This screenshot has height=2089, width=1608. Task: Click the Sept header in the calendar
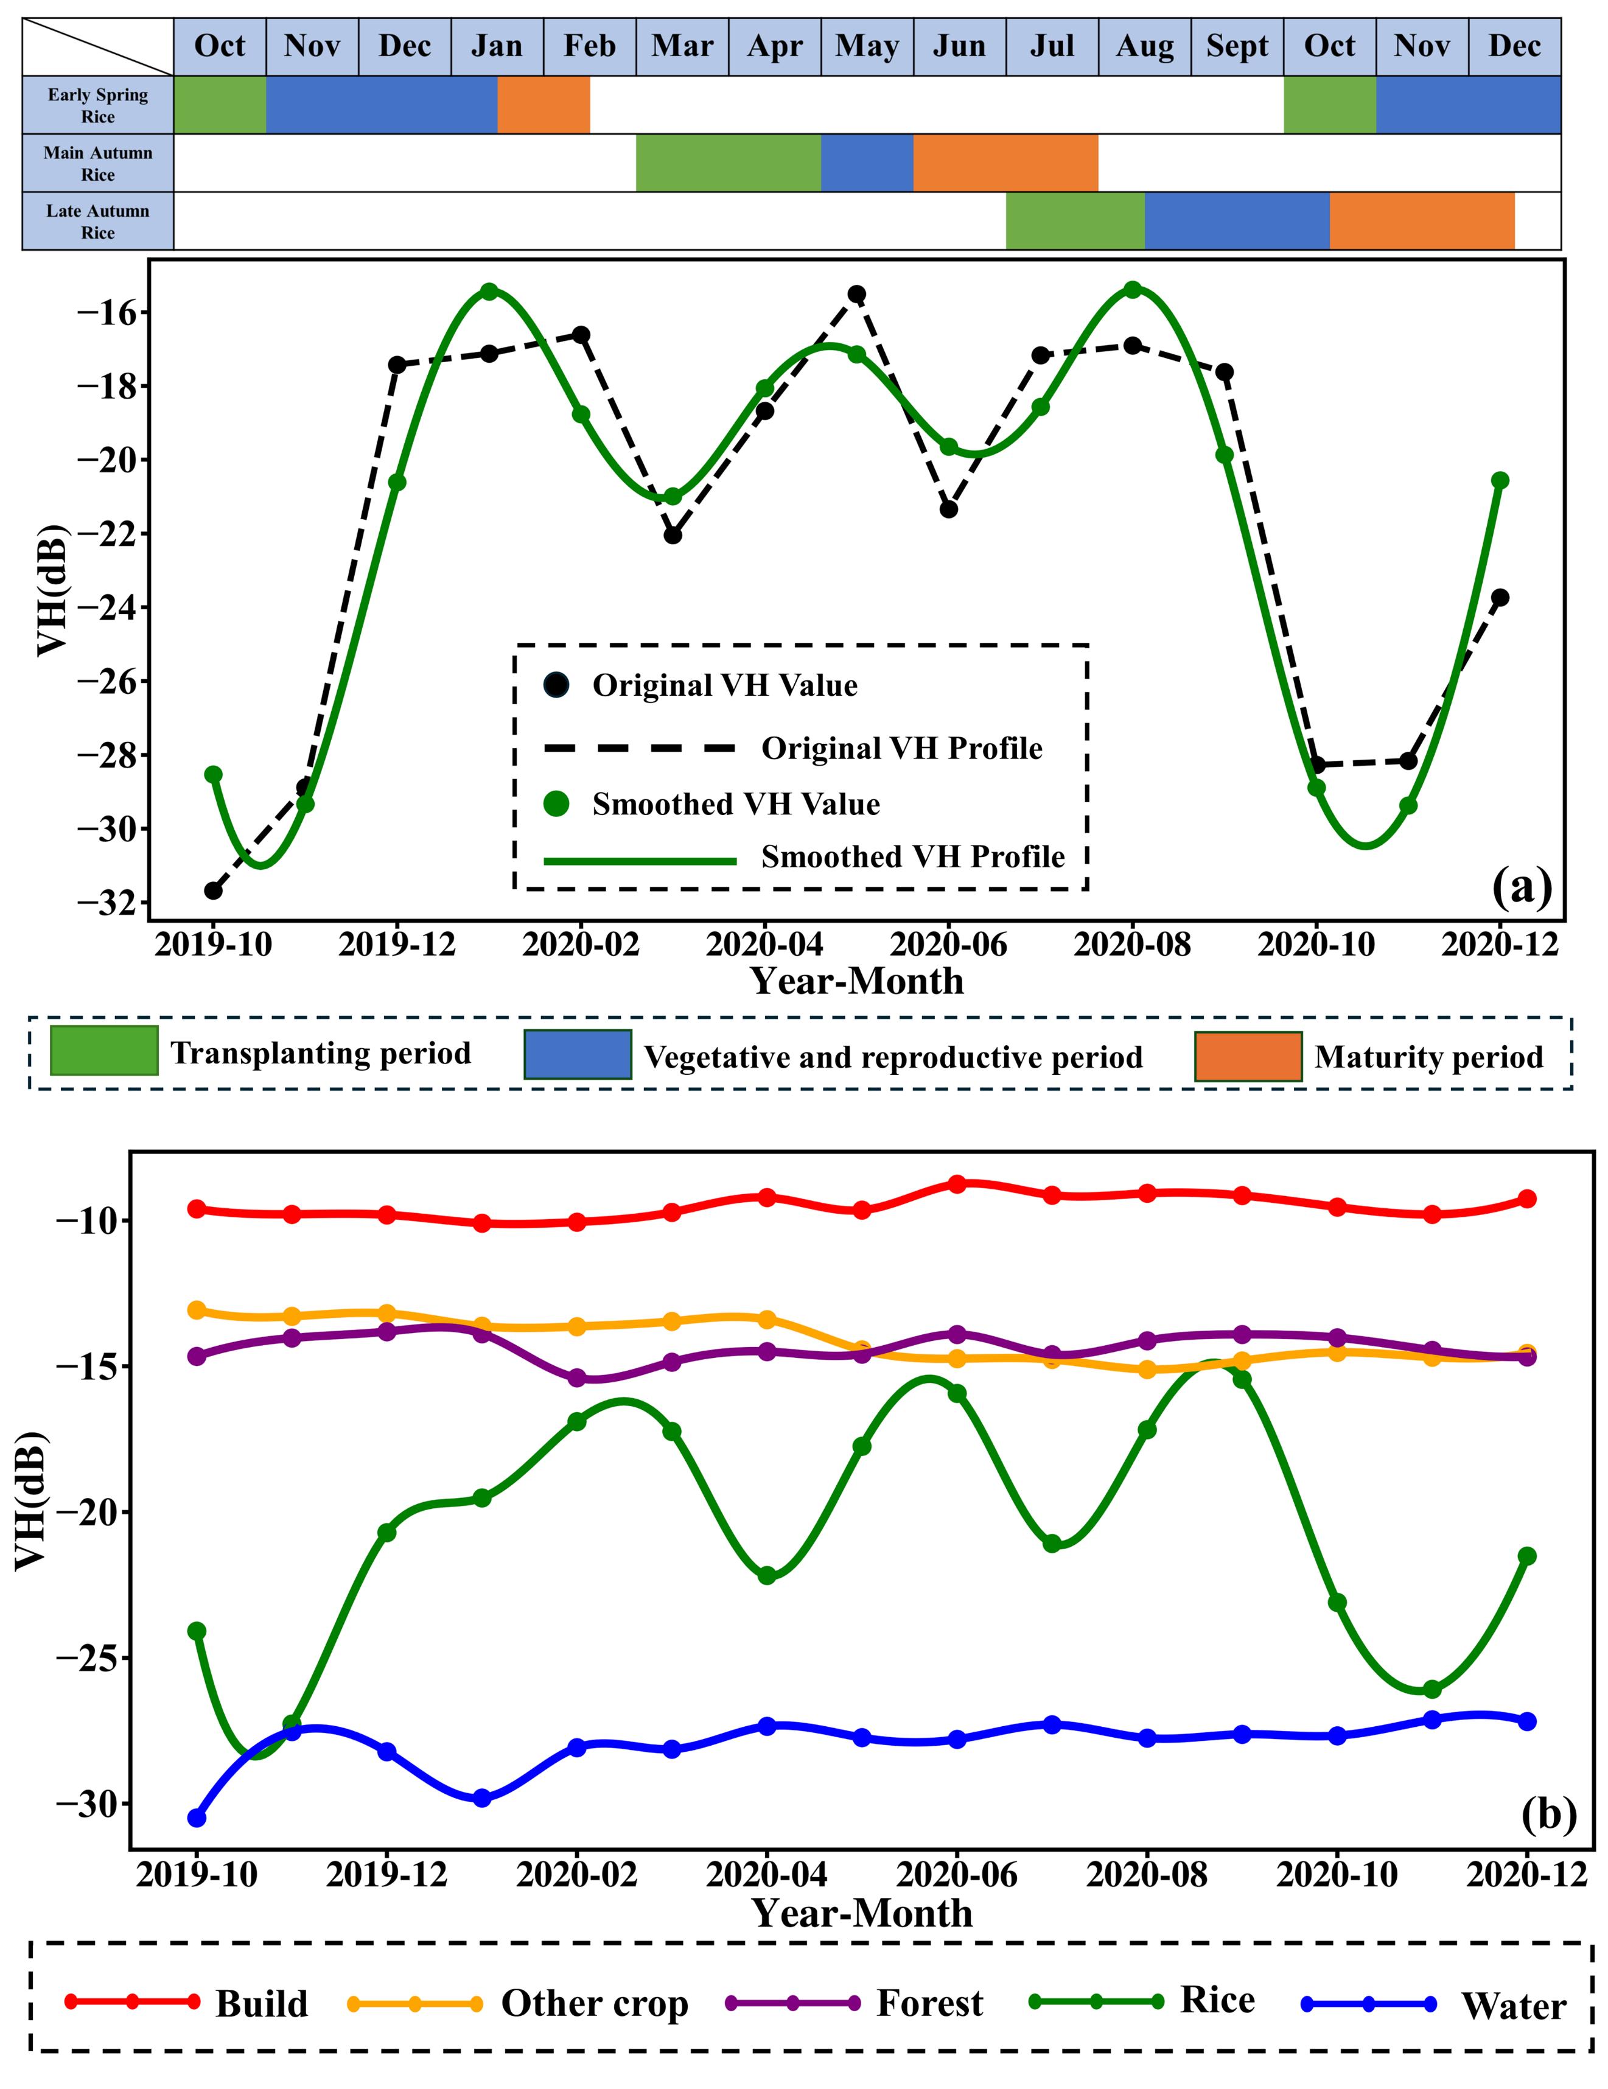1236,46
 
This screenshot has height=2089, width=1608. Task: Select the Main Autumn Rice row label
97,164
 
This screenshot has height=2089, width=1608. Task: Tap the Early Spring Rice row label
97,105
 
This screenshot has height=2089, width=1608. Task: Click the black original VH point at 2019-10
213,891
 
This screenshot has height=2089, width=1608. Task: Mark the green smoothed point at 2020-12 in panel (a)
1500,480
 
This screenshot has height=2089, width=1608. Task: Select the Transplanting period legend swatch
103,1051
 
